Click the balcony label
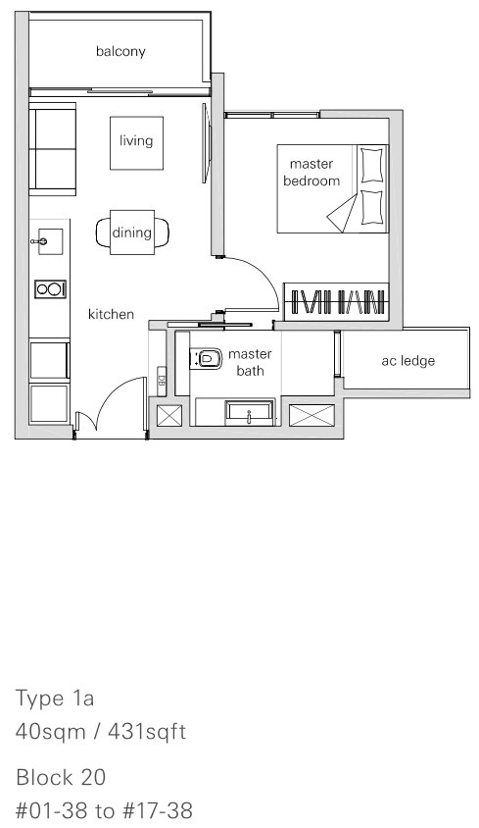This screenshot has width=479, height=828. click(120, 51)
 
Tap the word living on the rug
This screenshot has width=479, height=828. click(135, 140)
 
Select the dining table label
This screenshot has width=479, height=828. click(131, 233)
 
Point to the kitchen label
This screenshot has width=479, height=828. click(111, 314)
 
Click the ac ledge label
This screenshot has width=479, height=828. click(408, 361)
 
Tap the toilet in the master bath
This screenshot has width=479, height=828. click(206, 359)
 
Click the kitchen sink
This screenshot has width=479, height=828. click(50, 241)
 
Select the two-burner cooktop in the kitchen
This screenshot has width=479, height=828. click(51, 289)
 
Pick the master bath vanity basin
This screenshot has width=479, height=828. click(250, 412)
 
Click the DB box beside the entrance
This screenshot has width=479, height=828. click(162, 381)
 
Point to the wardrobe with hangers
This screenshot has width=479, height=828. click(336, 302)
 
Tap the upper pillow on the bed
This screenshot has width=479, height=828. click(371, 165)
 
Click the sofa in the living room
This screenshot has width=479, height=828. click(52, 149)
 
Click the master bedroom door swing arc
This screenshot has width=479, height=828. click(263, 275)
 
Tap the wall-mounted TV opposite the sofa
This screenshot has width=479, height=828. click(206, 143)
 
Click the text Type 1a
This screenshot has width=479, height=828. click(55, 699)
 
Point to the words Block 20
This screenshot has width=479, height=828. click(61, 778)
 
